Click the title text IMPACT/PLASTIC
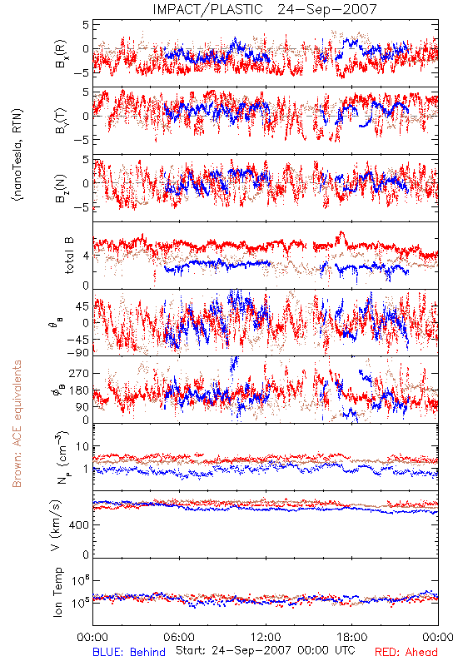coord(207,9)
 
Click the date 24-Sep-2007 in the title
coord(327,9)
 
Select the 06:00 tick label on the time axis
coord(179,637)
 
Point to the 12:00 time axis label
coord(266,637)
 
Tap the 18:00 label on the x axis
coord(352,637)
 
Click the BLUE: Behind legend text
coord(129,652)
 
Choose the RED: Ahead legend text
coord(406,652)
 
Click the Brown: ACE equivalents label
coord(17,424)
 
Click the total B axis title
coord(69,256)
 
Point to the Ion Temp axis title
coord(57,592)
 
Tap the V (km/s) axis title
coord(56,525)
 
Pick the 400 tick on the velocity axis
coord(80,525)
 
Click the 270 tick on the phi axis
coord(80,373)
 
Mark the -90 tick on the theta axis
coord(78,352)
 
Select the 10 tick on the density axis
coord(82,447)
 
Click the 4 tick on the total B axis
coord(87,256)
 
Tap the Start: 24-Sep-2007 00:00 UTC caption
coord(266,650)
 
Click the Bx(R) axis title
coord(61,54)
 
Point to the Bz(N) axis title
coord(61,188)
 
